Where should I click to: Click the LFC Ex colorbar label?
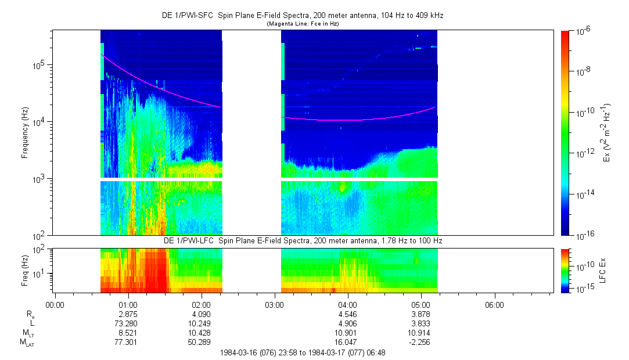(605, 270)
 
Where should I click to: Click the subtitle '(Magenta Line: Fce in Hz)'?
(302, 24)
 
